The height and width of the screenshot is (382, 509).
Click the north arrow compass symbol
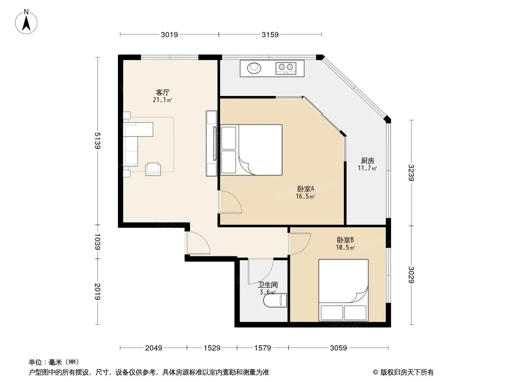[x=26, y=22]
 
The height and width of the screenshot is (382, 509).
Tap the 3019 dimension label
[x=170, y=34]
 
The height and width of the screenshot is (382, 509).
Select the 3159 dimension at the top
[x=270, y=34]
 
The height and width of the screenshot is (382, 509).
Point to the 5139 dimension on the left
[x=97, y=140]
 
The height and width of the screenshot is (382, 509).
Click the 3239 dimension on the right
[x=411, y=173]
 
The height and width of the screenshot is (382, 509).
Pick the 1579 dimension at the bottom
[x=263, y=348]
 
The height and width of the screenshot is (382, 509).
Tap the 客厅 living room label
[x=163, y=93]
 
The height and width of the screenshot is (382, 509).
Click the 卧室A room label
[x=306, y=189]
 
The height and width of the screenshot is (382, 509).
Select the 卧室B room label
[x=345, y=240]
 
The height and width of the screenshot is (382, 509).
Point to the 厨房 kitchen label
[x=368, y=160]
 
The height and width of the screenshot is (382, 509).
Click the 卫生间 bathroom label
[x=268, y=285]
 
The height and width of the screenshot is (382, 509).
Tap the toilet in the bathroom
[x=276, y=300]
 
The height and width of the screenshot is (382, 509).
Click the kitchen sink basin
[x=254, y=67]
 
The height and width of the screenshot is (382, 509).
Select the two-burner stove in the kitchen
[x=286, y=67]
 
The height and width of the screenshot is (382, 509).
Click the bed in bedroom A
[x=251, y=150]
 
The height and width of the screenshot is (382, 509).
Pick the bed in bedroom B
[x=343, y=290]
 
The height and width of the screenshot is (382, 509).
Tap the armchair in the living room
[x=153, y=169]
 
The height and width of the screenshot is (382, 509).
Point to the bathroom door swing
[x=261, y=272]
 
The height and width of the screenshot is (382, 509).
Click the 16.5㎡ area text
[x=305, y=196]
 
